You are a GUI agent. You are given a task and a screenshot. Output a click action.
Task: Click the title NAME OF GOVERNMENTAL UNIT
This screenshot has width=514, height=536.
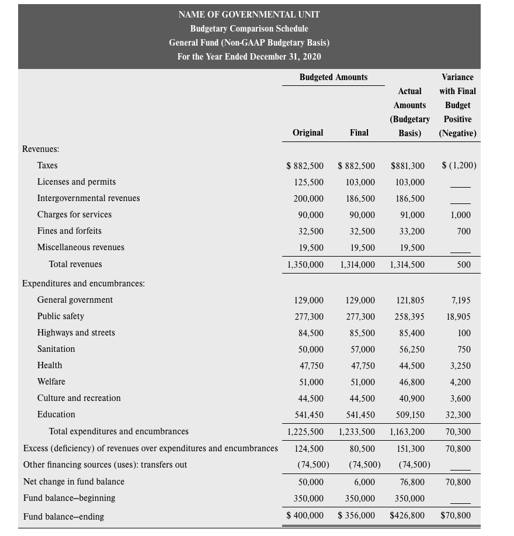click(x=249, y=15)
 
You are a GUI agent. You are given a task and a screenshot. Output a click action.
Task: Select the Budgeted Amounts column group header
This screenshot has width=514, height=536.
click(x=333, y=77)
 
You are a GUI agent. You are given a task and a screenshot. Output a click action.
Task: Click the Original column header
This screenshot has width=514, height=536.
click(x=308, y=133)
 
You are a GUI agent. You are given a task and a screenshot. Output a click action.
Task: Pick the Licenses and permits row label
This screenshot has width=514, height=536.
click(x=77, y=182)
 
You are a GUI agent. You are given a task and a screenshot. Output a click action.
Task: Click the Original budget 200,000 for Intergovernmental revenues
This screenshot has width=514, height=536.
click(x=308, y=199)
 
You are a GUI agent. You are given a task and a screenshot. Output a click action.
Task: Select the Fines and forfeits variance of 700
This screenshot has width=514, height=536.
click(x=464, y=231)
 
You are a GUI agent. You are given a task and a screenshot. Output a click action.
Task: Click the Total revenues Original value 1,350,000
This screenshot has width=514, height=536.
click(x=305, y=265)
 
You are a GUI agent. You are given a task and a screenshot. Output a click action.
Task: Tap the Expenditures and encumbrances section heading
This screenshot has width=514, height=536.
click(x=84, y=283)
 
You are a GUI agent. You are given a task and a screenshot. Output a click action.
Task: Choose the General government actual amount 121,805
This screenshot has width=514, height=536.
click(x=409, y=300)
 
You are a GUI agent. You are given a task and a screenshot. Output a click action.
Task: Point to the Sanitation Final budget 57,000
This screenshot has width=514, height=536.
click(x=360, y=350)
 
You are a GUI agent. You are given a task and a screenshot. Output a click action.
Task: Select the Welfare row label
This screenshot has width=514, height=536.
click(x=51, y=382)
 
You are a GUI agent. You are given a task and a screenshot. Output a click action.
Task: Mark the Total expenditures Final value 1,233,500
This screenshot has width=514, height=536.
click(x=357, y=432)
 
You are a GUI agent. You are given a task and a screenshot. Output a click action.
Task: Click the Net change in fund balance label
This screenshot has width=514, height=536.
click(x=74, y=482)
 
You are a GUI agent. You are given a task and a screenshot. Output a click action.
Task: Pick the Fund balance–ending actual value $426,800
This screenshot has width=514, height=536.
click(x=407, y=516)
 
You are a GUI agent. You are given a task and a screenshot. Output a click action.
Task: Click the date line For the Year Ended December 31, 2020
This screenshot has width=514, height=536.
click(x=249, y=57)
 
